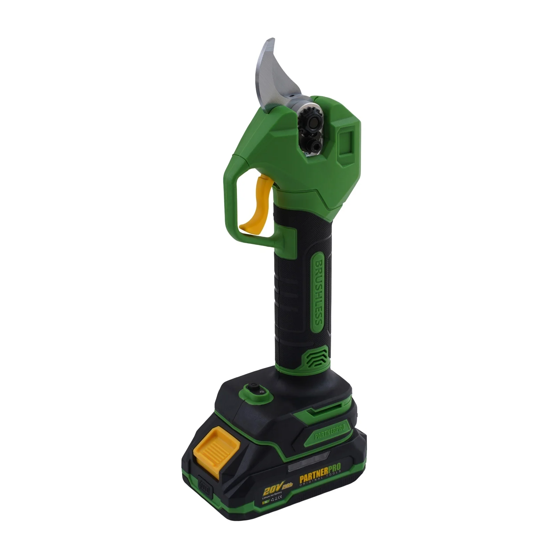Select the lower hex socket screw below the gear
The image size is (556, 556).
click(x=316, y=145)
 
